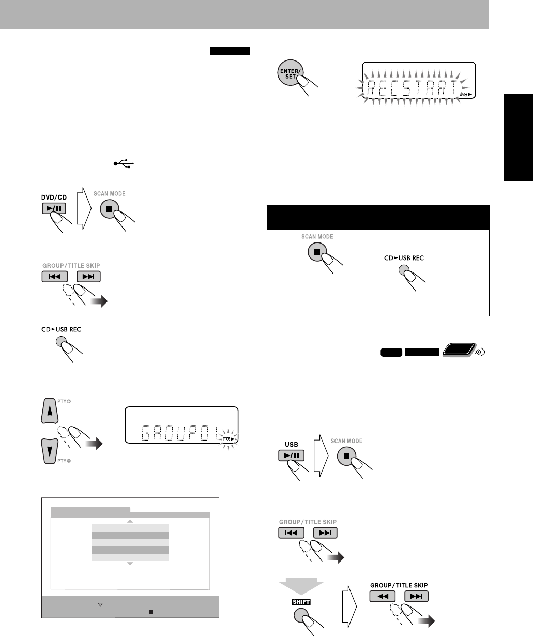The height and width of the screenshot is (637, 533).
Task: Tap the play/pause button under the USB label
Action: [x=290, y=456]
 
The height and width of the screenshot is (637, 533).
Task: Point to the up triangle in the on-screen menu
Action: [x=130, y=521]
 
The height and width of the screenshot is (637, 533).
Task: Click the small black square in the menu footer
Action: [x=150, y=611]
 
